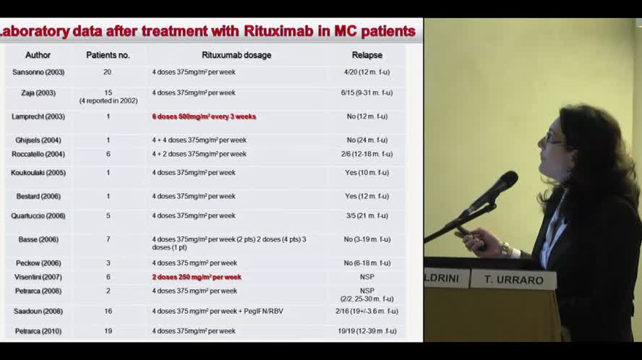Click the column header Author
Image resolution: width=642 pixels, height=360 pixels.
pyautogui.click(x=38, y=55)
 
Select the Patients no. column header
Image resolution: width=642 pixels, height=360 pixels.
pyautogui.click(x=108, y=55)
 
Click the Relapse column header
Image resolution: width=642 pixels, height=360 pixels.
pyautogui.click(x=367, y=55)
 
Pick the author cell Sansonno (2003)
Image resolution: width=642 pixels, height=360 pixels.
pyautogui.click(x=38, y=72)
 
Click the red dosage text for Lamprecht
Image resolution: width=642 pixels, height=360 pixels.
pyautogui.click(x=204, y=116)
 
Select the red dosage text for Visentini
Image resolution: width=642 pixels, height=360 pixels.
pyautogui.click(x=197, y=277)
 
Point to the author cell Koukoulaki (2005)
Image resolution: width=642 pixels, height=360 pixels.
pyautogui.click(x=38, y=173)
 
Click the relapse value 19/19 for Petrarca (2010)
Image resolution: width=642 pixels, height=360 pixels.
pyautogui.click(x=367, y=331)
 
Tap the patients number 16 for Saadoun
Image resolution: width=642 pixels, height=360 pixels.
pyautogui.click(x=108, y=312)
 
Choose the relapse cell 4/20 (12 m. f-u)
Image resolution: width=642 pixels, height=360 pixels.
pyautogui.click(x=367, y=72)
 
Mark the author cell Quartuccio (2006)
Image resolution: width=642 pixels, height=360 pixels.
pyautogui.click(x=38, y=215)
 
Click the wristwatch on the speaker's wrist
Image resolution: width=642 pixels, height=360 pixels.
pyautogui.click(x=505, y=248)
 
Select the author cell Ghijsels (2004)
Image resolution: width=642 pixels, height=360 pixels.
pyautogui.click(x=38, y=140)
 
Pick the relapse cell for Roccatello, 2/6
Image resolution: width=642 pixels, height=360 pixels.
pyautogui.click(x=367, y=154)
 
